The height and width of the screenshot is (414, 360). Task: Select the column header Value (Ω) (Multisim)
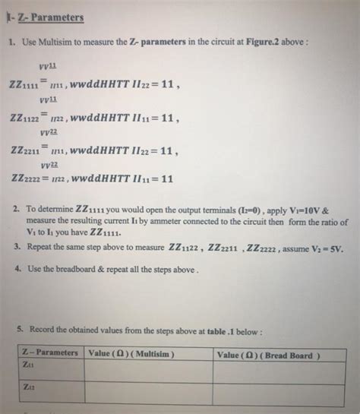coord(132,353)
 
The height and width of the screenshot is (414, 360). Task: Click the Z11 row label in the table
coord(29,365)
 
